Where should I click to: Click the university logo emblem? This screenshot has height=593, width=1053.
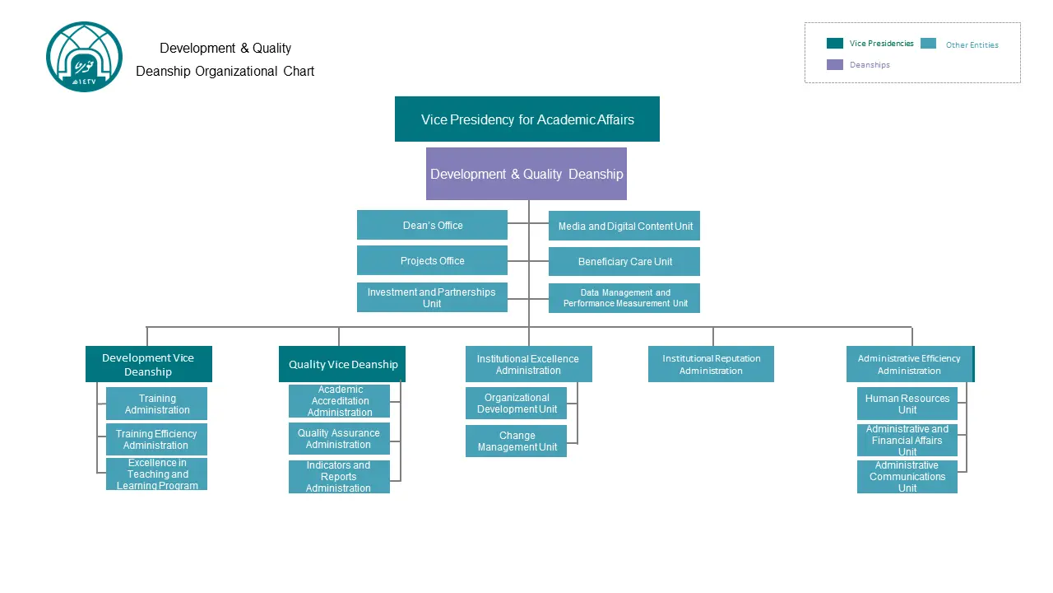pyautogui.click(x=84, y=57)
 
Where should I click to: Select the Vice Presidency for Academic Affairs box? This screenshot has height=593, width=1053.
pyautogui.click(x=527, y=119)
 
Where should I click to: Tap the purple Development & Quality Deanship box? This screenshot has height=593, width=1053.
pyautogui.click(x=526, y=174)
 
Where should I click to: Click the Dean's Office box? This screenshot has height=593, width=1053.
pyautogui.click(x=432, y=225)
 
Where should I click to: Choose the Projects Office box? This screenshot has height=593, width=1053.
pyautogui.click(x=432, y=260)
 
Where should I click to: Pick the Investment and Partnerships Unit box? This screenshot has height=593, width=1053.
pyautogui.click(x=432, y=297)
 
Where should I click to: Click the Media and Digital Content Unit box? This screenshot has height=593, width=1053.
pyautogui.click(x=624, y=226)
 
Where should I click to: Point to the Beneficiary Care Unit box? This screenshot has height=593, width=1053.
pyautogui.click(x=624, y=261)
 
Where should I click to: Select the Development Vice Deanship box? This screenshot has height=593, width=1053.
pyautogui.click(x=149, y=364)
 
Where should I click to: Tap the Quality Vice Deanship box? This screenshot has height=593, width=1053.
pyautogui.click(x=342, y=364)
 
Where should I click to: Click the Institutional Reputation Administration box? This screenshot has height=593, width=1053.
pyautogui.click(x=711, y=364)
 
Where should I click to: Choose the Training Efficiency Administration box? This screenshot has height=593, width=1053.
pyautogui.click(x=156, y=440)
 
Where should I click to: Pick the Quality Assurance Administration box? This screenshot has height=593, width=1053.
pyautogui.click(x=339, y=439)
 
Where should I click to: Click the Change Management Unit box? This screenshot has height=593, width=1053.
pyautogui.click(x=516, y=441)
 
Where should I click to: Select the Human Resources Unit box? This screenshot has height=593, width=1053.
pyautogui.click(x=907, y=404)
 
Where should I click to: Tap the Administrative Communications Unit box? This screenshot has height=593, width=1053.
pyautogui.click(x=907, y=477)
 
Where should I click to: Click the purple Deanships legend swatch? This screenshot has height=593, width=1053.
pyautogui.click(x=835, y=64)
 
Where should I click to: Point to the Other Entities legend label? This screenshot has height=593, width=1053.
pyautogui.click(x=972, y=44)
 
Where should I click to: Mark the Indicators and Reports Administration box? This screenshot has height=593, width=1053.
pyautogui.click(x=339, y=477)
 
